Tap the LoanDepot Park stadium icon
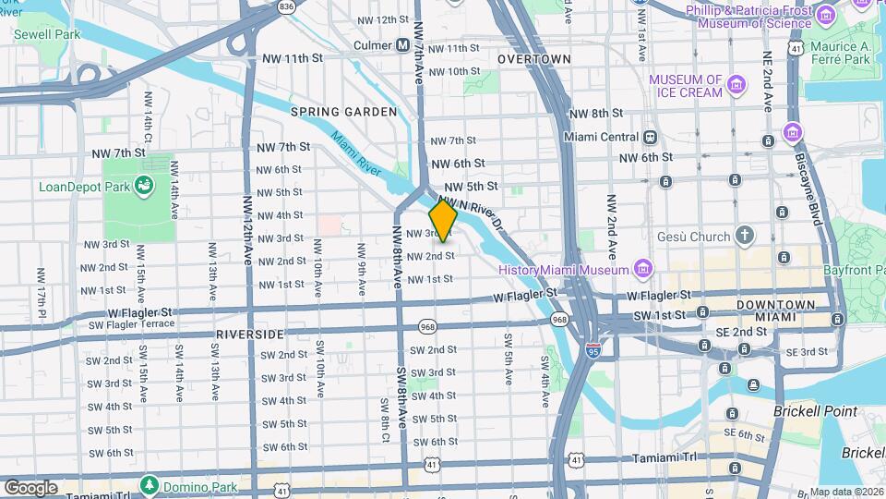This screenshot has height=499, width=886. point(145,187)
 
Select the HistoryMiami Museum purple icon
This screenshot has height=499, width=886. point(643,269)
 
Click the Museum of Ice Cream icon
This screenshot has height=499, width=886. point(736,86)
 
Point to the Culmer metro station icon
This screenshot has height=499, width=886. point(402,44)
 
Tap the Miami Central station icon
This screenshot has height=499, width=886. point(651,137)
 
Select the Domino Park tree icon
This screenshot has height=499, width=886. point(149,484)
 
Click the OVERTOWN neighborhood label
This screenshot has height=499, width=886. point(534,59)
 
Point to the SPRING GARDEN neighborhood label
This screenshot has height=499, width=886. point(343,112)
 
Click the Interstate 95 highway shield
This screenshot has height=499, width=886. point(593,350)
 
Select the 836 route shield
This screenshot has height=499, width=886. point(287,6)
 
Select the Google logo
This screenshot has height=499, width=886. point(30,487)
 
